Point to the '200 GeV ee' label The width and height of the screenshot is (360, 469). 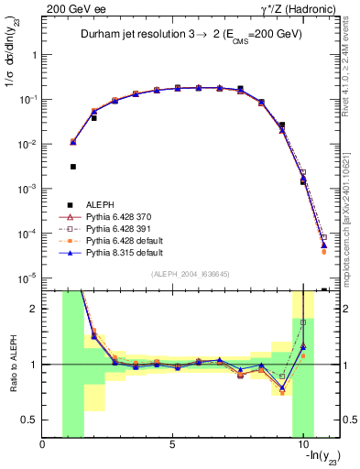(71, 7)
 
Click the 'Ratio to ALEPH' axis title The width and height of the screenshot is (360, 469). (11, 365)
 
